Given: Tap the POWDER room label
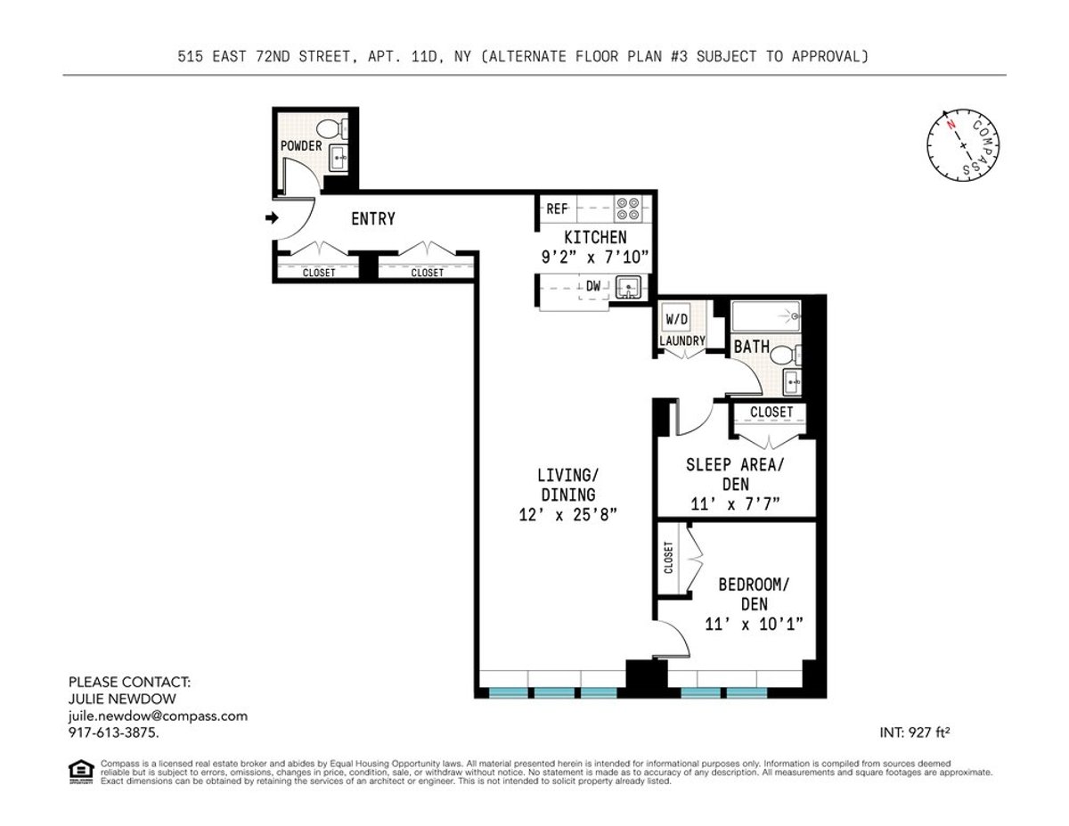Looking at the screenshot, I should [301, 145].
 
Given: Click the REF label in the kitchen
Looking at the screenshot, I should [557, 209].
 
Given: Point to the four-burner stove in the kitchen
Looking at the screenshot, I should [627, 209].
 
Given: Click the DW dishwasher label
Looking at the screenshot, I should [592, 286].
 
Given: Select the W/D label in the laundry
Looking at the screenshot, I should [678, 318].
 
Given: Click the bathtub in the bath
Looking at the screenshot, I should [766, 316].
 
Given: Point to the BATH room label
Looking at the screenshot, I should [752, 347].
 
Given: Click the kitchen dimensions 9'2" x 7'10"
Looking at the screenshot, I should [595, 257].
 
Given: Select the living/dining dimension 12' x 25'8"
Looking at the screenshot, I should [567, 515].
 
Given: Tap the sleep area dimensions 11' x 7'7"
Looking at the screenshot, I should [736, 504].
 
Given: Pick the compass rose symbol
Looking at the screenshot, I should [963, 145].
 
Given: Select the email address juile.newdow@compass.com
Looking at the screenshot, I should [158, 716].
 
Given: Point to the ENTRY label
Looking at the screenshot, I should [373, 219].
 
